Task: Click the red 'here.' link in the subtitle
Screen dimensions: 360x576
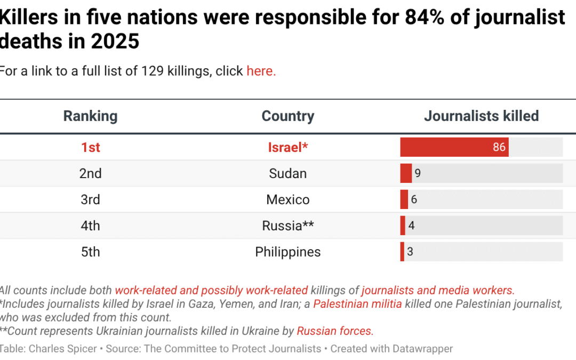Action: point(261,71)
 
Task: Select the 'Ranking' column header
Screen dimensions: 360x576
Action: point(90,116)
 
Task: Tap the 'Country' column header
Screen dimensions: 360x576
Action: point(287,116)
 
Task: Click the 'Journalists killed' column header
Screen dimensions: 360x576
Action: point(481,116)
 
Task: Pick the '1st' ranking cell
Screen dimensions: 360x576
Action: point(90,147)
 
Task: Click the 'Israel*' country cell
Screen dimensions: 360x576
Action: point(287,147)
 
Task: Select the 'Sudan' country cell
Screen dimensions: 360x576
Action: point(287,173)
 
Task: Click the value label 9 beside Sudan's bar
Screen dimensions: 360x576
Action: point(418,173)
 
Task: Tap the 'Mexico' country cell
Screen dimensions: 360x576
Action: point(287,199)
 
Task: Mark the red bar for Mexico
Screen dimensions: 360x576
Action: point(404,199)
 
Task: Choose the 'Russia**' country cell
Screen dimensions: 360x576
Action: point(287,226)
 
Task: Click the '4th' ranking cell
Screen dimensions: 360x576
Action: point(90,226)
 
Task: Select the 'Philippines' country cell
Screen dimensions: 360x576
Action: point(287,252)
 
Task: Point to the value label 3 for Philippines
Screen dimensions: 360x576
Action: point(410,252)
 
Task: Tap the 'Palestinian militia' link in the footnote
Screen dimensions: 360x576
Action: point(358,304)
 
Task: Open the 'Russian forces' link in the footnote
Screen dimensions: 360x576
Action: point(334,331)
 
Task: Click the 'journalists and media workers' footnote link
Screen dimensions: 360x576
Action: point(437,291)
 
